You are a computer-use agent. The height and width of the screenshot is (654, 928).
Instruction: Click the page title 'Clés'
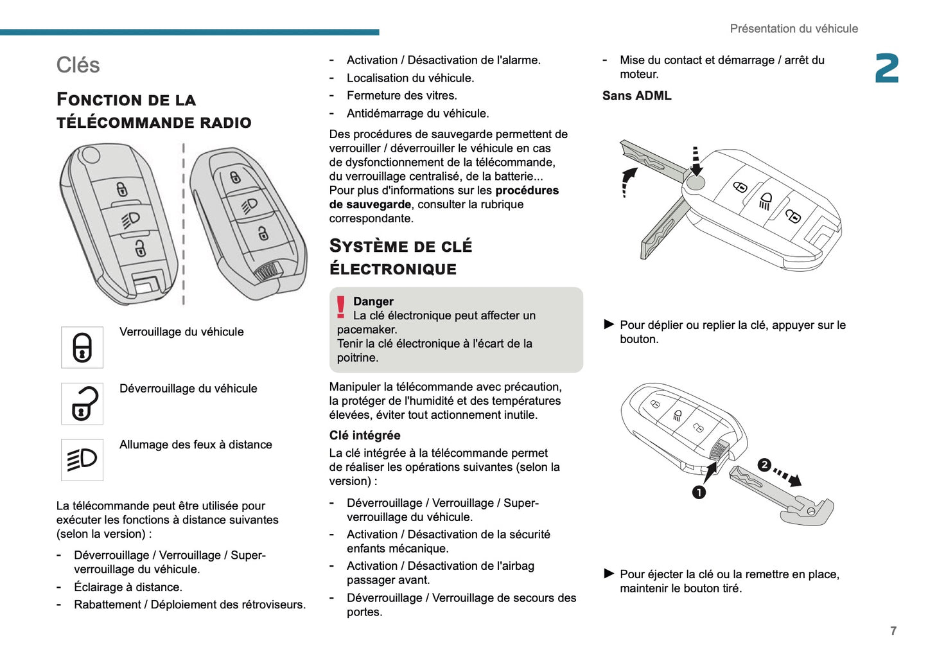(x=78, y=65)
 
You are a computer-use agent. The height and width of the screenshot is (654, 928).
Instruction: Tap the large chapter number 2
(x=887, y=69)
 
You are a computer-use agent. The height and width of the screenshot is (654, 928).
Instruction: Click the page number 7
(x=893, y=631)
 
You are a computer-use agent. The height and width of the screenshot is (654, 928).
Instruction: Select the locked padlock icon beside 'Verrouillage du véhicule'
(x=82, y=348)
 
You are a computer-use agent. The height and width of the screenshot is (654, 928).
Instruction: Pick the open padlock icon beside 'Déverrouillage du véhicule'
(x=82, y=404)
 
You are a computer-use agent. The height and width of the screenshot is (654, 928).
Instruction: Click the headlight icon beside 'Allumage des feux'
(x=82, y=460)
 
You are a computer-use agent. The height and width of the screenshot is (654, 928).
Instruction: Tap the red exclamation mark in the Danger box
(x=341, y=307)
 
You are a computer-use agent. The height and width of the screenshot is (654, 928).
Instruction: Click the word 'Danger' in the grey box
(x=373, y=301)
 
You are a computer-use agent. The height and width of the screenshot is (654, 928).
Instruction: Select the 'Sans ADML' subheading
(x=636, y=96)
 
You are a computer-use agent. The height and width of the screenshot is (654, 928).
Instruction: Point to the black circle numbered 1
(x=699, y=492)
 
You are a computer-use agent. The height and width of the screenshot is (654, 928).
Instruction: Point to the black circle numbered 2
(x=764, y=465)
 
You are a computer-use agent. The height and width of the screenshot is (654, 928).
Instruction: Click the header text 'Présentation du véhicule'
(x=793, y=29)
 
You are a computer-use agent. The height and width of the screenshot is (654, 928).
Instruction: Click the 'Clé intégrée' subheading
(x=365, y=435)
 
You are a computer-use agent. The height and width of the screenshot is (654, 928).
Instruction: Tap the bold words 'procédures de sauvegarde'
(x=443, y=197)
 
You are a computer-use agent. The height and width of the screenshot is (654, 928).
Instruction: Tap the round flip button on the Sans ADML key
(x=695, y=182)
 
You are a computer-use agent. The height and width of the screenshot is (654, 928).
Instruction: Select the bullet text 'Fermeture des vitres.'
(x=401, y=96)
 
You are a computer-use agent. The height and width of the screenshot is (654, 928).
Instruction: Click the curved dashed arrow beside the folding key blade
(x=628, y=181)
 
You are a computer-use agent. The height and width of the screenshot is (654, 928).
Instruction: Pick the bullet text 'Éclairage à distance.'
(x=128, y=587)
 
